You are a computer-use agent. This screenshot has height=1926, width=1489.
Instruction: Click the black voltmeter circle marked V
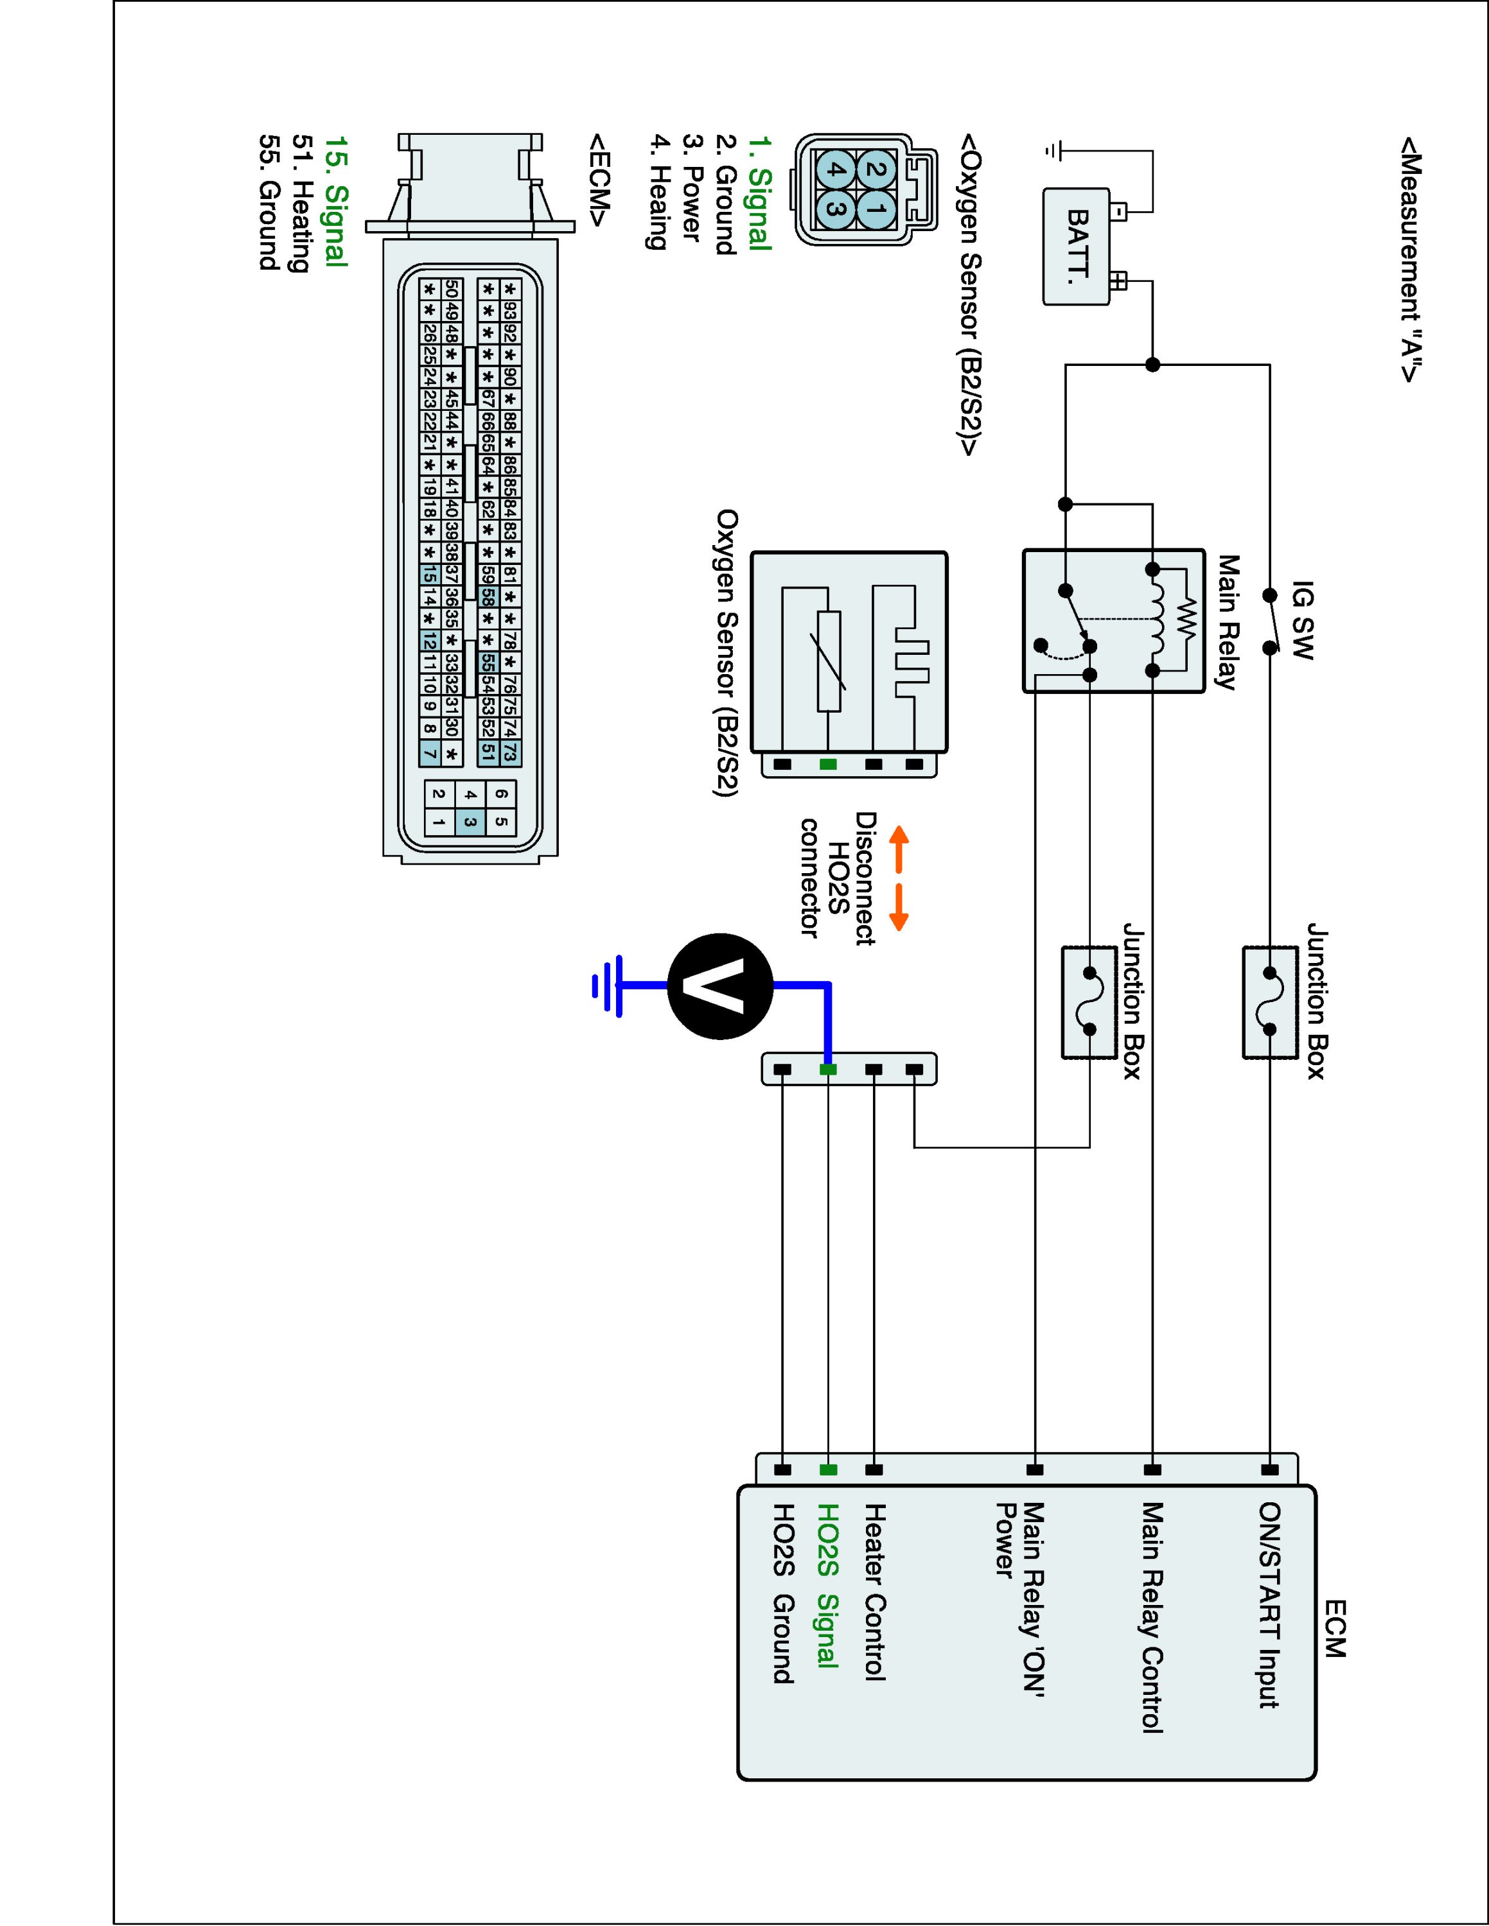tap(720, 986)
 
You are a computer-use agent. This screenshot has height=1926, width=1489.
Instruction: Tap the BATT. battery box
tap(1076, 247)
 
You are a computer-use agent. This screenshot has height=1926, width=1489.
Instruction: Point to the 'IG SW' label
tap(1302, 620)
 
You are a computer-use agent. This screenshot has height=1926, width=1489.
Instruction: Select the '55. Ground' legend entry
tap(270, 202)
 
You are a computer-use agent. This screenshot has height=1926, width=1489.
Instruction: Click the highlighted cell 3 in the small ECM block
tap(470, 823)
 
